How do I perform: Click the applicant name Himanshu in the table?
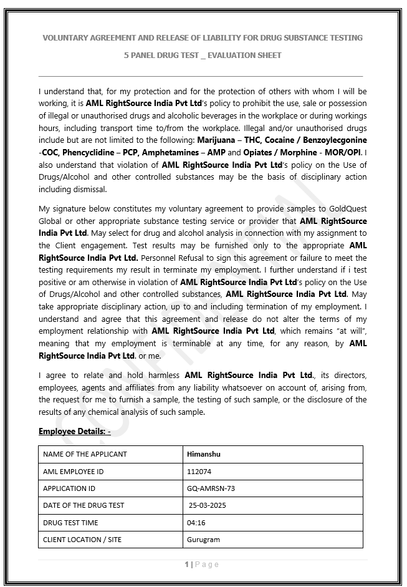tap(204, 454)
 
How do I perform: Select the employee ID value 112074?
tap(199, 472)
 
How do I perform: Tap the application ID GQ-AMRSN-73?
tap(211, 488)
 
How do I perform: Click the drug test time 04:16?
tap(196, 523)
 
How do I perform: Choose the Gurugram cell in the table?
tap(203, 540)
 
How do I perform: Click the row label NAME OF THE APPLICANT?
tap(85, 454)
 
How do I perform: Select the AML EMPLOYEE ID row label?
tap(73, 472)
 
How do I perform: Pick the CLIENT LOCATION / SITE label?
tap(82, 540)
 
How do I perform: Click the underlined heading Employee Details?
tap(74, 432)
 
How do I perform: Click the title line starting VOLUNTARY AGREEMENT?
tap(203, 38)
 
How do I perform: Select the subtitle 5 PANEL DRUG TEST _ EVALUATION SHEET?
tap(203, 56)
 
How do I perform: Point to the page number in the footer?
tap(186, 565)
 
